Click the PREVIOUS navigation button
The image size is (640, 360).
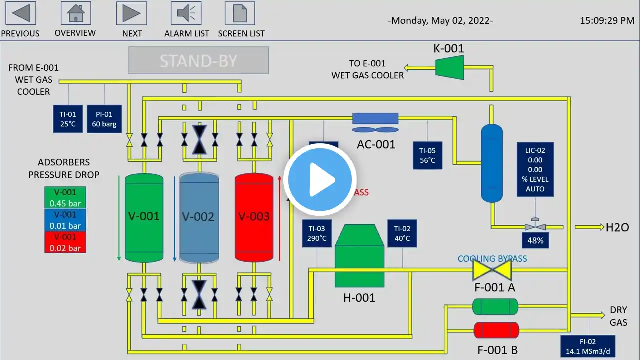point(20,13)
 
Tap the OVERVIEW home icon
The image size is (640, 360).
point(75,13)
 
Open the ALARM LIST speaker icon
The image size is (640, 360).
point(186,13)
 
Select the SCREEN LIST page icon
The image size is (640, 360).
point(240,13)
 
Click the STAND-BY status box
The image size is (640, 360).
point(198,60)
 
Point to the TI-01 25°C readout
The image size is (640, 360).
point(67,119)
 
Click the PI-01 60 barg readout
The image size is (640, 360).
point(104,119)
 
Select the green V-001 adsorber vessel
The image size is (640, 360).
point(144,217)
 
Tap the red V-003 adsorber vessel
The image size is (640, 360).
point(254,217)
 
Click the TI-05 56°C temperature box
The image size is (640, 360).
point(427,155)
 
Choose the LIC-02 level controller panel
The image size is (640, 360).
point(535,169)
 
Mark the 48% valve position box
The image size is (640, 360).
point(535,240)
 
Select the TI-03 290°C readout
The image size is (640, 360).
point(317,233)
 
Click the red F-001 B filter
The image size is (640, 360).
point(496,330)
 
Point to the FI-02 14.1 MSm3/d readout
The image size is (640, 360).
point(587,346)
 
